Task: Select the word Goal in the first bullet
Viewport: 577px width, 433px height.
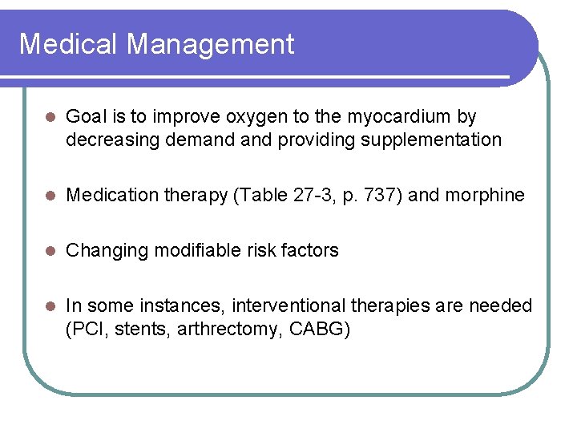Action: point(84,117)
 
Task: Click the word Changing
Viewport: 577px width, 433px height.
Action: point(102,250)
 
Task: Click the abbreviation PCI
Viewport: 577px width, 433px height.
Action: point(85,328)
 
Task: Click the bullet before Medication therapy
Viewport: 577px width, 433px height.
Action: point(47,196)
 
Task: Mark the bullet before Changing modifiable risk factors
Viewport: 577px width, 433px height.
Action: point(47,251)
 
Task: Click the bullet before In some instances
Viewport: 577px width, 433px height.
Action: point(47,306)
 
